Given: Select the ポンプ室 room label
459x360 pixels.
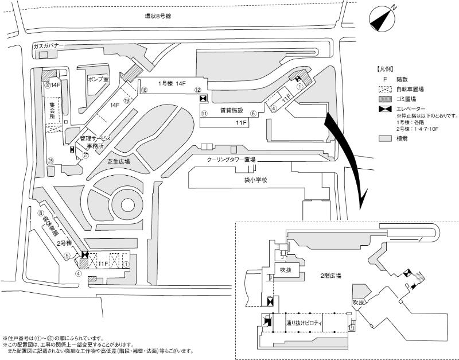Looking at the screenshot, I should click(x=98, y=79).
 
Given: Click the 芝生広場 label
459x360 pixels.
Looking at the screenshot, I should click(x=119, y=162).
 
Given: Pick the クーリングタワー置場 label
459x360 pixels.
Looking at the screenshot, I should click(x=231, y=159).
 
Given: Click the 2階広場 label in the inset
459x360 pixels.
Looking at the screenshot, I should click(x=331, y=276).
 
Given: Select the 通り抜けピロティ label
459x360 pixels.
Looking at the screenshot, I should click(x=305, y=325).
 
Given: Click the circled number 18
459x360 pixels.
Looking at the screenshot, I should click(x=145, y=90).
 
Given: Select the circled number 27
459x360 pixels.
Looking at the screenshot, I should click(x=86, y=154).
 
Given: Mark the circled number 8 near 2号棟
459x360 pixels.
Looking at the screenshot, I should click(x=41, y=214).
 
